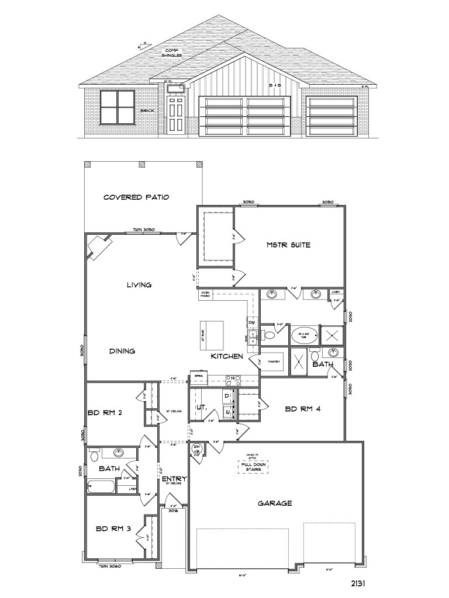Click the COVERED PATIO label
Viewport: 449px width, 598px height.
pyautogui.click(x=136, y=197)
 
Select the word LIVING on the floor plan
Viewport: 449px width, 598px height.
pyautogui.click(x=139, y=285)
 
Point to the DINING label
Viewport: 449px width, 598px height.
pyautogui.click(x=122, y=351)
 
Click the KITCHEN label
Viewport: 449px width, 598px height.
pyautogui.click(x=226, y=356)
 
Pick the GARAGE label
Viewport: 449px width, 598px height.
pyautogui.click(x=275, y=503)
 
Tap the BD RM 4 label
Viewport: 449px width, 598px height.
pyautogui.click(x=302, y=409)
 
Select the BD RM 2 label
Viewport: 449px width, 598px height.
pyautogui.click(x=105, y=413)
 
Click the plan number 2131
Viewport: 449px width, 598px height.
pyautogui.click(x=359, y=583)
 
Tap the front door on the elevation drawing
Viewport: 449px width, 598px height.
pyautogui.click(x=175, y=115)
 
